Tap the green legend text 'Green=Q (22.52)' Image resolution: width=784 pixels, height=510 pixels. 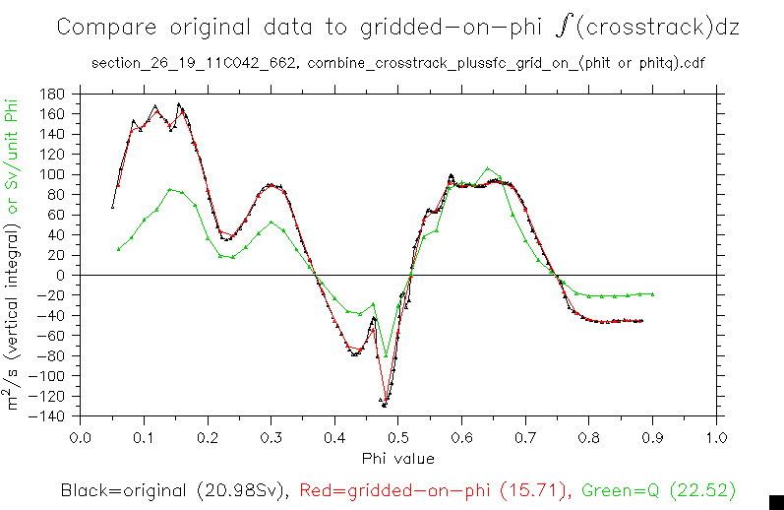click(658, 489)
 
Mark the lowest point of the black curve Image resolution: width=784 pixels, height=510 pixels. click(385, 406)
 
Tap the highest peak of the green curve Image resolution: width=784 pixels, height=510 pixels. click(489, 168)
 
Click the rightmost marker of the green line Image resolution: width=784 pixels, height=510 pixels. click(652, 294)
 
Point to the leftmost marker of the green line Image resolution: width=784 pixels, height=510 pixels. click(119, 249)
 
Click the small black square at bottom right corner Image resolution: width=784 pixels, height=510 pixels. click(775, 501)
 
